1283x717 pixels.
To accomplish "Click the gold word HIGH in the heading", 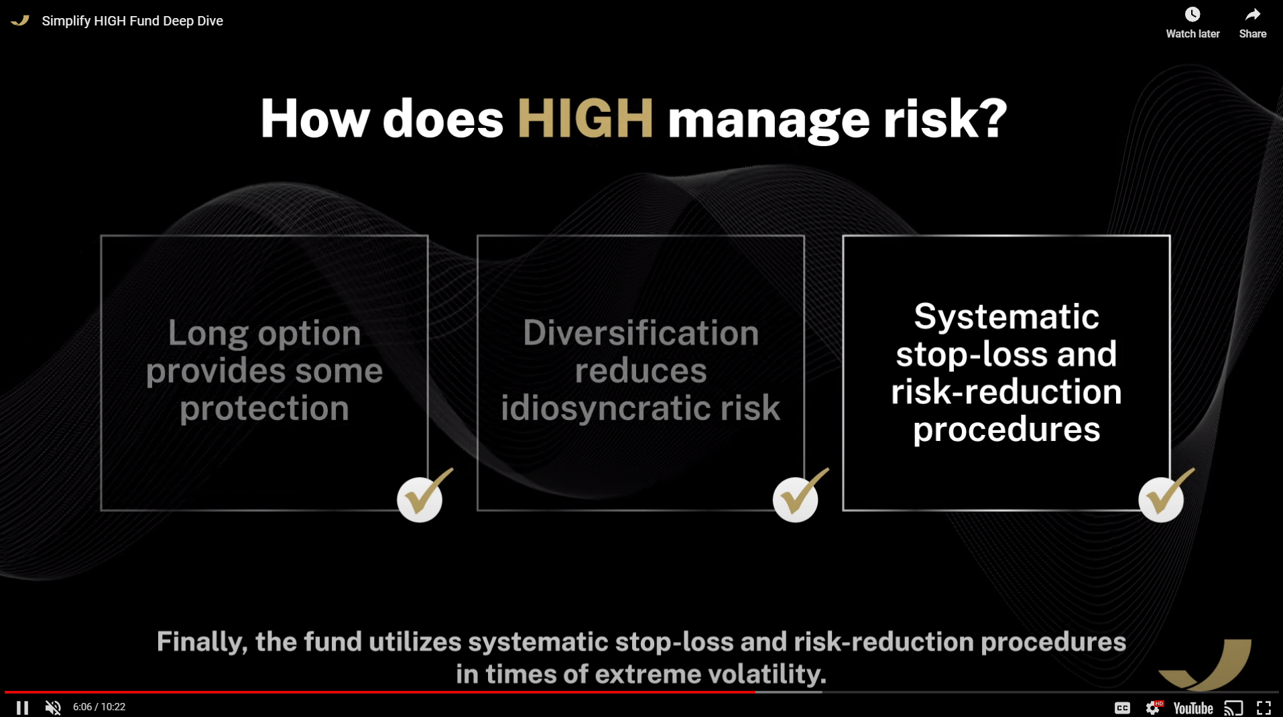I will pos(585,119).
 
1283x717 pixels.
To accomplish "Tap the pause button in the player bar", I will pos(22,708).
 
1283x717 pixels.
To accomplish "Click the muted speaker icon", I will pos(53,708).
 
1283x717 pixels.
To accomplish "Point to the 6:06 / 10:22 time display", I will pos(99,707).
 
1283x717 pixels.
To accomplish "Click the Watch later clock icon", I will pos(1192,15).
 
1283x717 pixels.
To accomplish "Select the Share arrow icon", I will pos(1252,15).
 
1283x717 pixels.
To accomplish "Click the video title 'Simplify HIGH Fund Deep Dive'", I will pos(132,21).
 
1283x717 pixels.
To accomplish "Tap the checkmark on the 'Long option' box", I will pos(422,497).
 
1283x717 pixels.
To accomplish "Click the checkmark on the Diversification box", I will pos(798,497).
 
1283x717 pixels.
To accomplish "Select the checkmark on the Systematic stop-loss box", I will pos(1164,497).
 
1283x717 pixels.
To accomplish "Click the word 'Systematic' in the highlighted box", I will pos(1006,316).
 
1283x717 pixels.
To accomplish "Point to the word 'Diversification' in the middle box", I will pos(640,333).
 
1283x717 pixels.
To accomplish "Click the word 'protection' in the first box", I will pos(264,408).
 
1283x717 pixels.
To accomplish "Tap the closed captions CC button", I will pos(1122,708).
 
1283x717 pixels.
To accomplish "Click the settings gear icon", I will pos(1153,708).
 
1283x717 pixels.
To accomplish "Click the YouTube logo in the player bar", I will pos(1193,708).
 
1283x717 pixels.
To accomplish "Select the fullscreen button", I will pos(1264,708).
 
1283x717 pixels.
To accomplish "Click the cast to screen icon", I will pos(1233,708).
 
